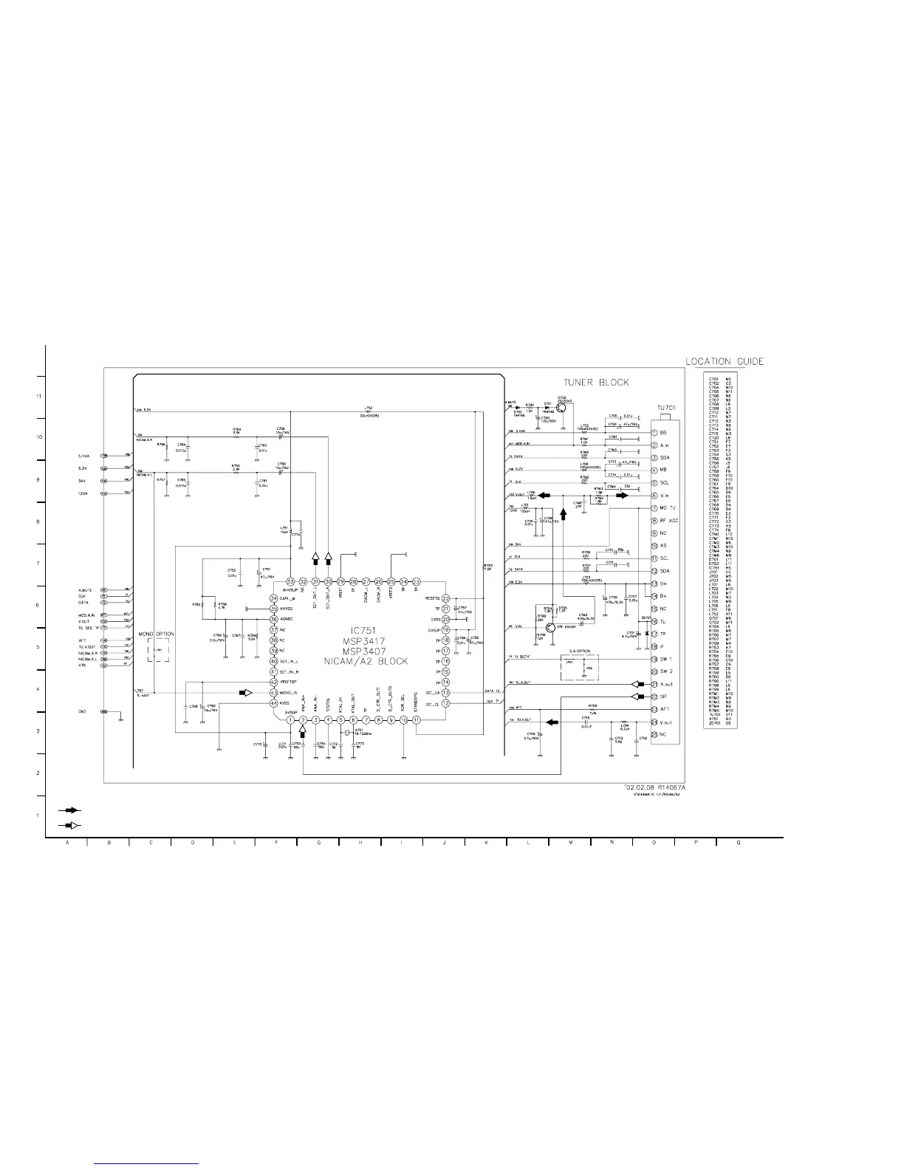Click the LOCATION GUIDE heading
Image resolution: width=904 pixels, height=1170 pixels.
click(x=725, y=361)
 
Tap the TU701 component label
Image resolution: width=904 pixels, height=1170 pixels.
click(x=666, y=408)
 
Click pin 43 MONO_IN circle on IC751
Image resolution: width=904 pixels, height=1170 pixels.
click(x=273, y=692)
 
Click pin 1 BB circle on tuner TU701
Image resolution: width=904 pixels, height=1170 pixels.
click(x=654, y=433)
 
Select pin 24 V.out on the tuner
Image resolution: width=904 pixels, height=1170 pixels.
click(x=654, y=722)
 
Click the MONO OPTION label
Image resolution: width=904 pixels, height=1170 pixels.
click(x=157, y=634)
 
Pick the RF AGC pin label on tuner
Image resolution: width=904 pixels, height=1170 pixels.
click(x=669, y=521)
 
